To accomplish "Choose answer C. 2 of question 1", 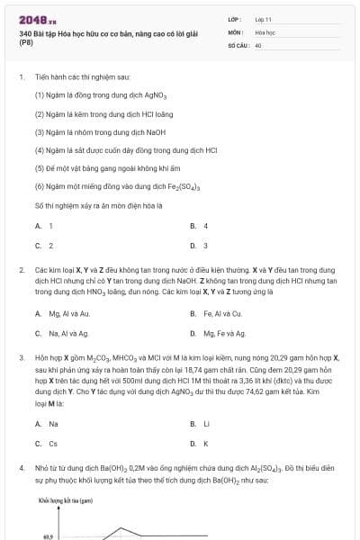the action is coord(44,245).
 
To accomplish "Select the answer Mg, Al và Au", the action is coord(62,314).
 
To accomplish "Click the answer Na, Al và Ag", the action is coord(61,333).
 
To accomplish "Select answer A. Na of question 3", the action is coord(47,423).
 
